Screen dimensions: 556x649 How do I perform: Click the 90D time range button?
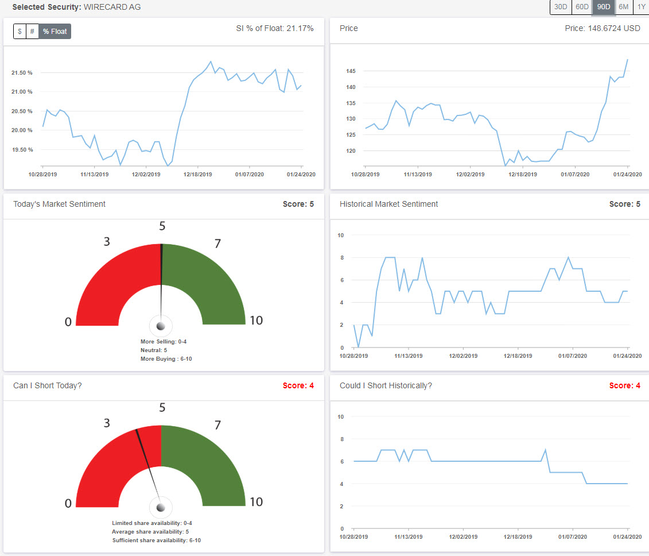603,7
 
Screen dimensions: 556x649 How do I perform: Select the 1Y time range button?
641,7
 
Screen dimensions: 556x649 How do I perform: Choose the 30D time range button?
561,7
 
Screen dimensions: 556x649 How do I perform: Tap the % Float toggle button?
55,31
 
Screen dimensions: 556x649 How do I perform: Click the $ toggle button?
20,31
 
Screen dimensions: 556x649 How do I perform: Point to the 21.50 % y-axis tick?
21,73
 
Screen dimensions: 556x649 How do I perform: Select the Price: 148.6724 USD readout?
603,28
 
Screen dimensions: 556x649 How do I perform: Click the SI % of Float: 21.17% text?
275,28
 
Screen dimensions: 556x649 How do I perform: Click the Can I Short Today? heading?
47,385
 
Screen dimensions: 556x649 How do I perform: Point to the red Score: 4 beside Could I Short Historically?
624,385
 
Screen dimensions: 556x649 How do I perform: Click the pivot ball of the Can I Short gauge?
161,507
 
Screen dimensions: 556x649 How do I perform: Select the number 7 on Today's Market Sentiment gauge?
217,244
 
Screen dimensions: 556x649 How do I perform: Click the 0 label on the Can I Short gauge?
68,503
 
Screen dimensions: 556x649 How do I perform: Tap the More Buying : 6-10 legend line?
163,359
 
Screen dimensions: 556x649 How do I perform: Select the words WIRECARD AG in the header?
112,7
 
